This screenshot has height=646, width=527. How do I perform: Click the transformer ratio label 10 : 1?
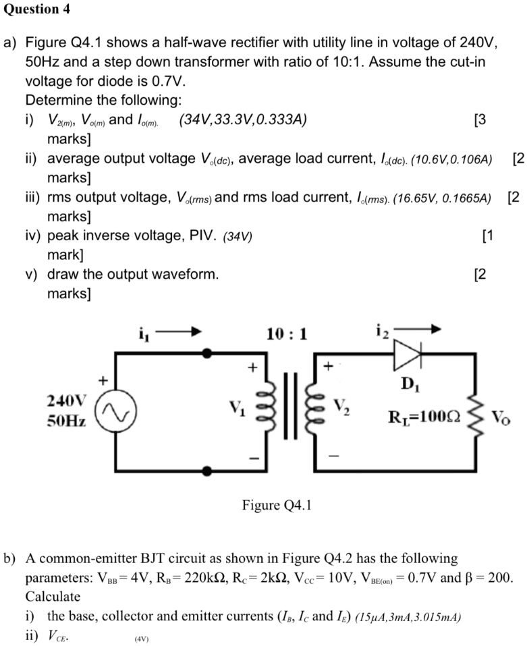(x=286, y=333)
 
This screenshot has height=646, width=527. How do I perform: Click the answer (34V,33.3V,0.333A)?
(x=242, y=121)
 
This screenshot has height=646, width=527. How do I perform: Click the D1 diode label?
(x=408, y=386)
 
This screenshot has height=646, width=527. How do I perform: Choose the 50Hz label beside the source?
(x=66, y=421)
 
